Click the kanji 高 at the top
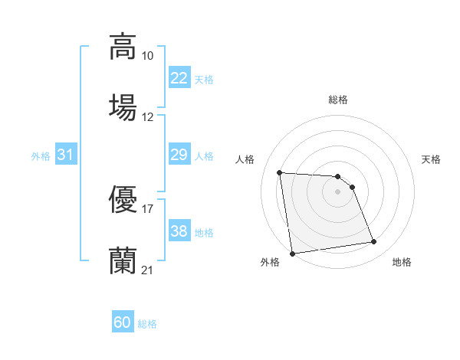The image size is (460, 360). (x=123, y=46)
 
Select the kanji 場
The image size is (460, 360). (x=123, y=106)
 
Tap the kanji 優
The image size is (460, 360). (x=123, y=200)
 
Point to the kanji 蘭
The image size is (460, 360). (x=123, y=260)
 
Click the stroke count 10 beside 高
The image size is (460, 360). (x=148, y=56)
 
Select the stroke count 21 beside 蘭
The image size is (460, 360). (x=148, y=270)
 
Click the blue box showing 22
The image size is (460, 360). (x=179, y=78)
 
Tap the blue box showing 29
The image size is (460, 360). (x=179, y=155)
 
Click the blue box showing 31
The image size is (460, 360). (x=65, y=155)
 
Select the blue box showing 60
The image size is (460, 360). (x=123, y=322)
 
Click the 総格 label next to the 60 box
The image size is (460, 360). (x=147, y=324)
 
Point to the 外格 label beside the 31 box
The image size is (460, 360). (x=41, y=156)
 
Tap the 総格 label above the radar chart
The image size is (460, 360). (x=338, y=100)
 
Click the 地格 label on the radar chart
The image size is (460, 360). (x=402, y=263)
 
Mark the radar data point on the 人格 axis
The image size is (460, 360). (x=280, y=172)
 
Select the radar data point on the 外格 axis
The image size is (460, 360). (x=292, y=254)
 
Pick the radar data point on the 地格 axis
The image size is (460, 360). (x=374, y=242)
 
